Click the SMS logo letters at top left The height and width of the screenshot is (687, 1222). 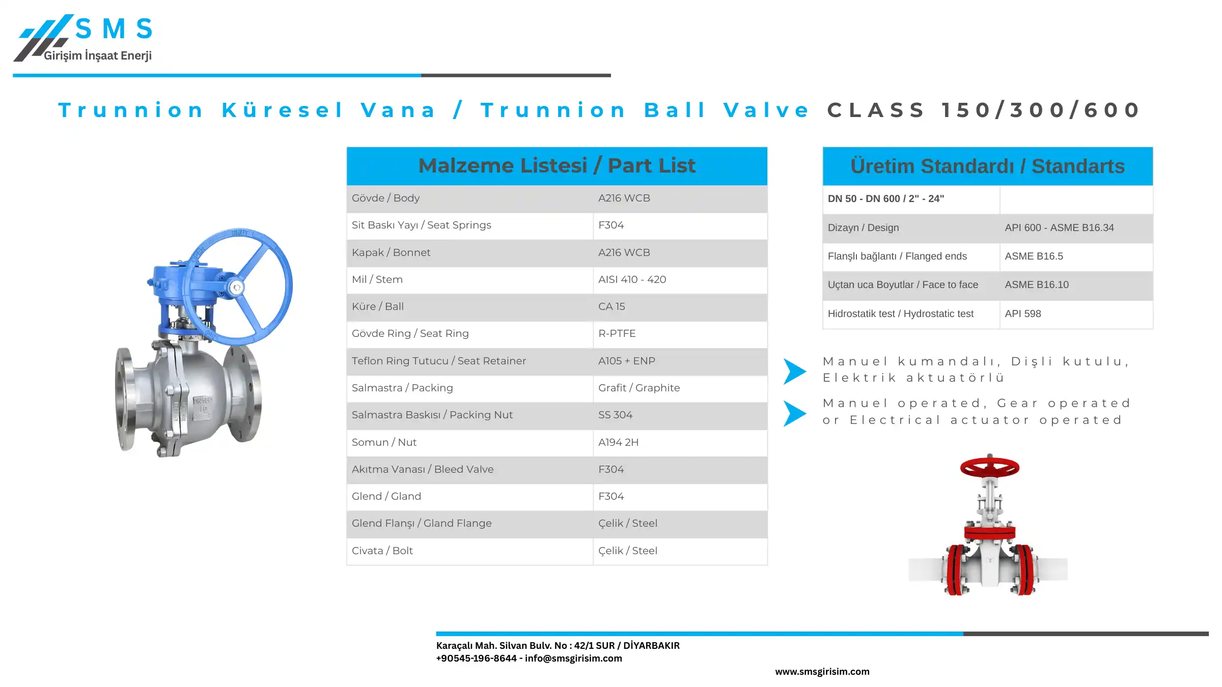coord(114,28)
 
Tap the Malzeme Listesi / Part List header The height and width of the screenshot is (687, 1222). coord(557,166)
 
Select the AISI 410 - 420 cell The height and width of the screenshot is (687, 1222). coord(632,279)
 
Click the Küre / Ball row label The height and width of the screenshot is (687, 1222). coord(377,306)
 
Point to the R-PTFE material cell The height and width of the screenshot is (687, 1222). coord(617,333)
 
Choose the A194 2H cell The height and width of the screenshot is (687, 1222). coord(618,442)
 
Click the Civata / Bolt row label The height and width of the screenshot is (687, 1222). coord(382,551)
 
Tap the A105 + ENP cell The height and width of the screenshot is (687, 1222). coord(627,361)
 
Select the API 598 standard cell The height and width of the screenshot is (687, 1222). coord(1022,313)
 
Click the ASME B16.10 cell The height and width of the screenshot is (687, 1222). coord(1037,284)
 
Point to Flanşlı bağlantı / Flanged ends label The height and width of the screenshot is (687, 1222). coord(897,256)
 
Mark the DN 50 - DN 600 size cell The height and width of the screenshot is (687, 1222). coord(885,198)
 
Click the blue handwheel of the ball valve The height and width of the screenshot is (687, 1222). coord(237,287)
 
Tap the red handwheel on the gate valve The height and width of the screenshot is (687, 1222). coord(989,467)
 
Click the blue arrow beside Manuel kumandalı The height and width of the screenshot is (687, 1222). coord(794,371)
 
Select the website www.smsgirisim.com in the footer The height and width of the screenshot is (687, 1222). coord(822,672)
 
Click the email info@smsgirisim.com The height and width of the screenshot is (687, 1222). coord(573,658)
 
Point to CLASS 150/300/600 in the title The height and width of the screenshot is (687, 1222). coord(984,110)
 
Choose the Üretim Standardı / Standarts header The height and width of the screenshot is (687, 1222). coord(987,166)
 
